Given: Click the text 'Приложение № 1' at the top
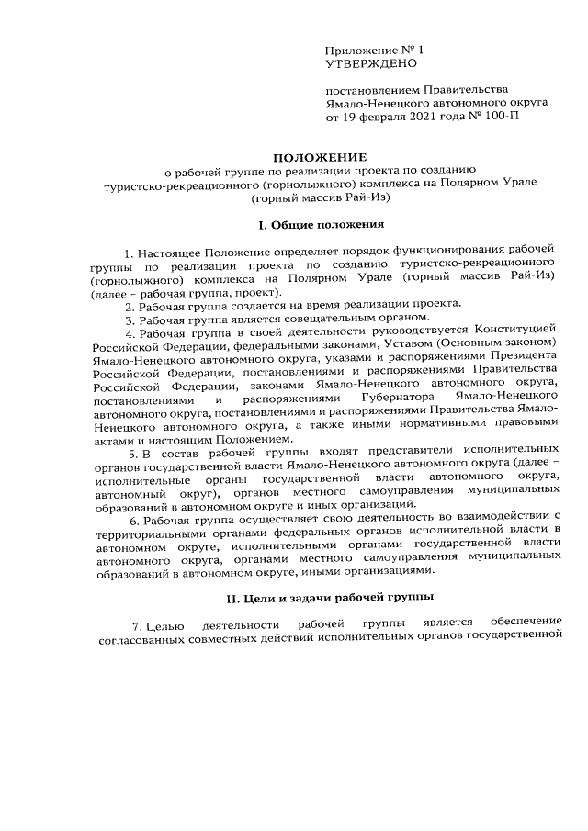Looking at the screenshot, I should point(376,48).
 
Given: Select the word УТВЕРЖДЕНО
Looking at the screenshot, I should point(371,63).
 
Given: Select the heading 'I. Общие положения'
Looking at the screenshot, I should point(294,224).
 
